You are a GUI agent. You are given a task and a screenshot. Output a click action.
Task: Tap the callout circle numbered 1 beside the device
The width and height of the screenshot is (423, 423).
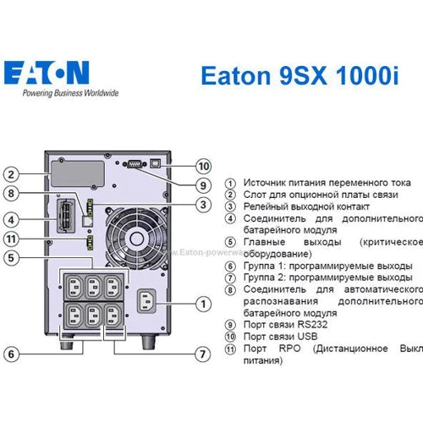point(202,303)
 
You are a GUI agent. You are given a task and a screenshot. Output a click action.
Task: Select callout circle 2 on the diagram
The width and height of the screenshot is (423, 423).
point(11,175)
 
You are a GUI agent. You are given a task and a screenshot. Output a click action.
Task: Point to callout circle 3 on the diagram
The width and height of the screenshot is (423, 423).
point(202,204)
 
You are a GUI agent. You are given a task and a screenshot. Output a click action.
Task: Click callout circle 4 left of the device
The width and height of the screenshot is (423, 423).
point(11,220)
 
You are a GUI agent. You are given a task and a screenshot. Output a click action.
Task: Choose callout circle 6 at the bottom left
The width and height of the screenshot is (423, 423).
point(11,354)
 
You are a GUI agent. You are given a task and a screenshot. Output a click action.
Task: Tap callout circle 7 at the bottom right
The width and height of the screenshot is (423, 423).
point(202,354)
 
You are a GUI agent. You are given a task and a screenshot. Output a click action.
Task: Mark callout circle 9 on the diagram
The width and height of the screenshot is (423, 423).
point(202,184)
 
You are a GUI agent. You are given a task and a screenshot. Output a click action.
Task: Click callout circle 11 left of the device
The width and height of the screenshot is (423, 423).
point(11,239)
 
